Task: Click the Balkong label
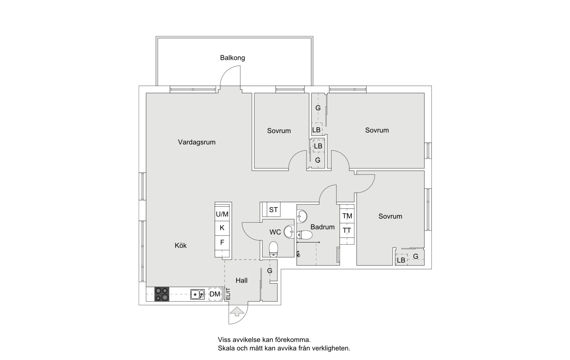(232, 58)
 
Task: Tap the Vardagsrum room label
(197, 142)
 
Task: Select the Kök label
(181, 246)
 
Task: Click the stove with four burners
(162, 294)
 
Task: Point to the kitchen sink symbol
(197, 294)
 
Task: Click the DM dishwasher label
(215, 294)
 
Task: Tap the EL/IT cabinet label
(228, 294)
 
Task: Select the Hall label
(241, 280)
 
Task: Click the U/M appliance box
(222, 214)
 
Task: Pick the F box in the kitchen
(222, 242)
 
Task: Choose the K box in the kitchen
(222, 228)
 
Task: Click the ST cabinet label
(273, 210)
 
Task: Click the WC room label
(275, 232)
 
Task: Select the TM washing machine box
(347, 216)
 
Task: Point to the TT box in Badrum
(347, 231)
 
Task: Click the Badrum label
(322, 227)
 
